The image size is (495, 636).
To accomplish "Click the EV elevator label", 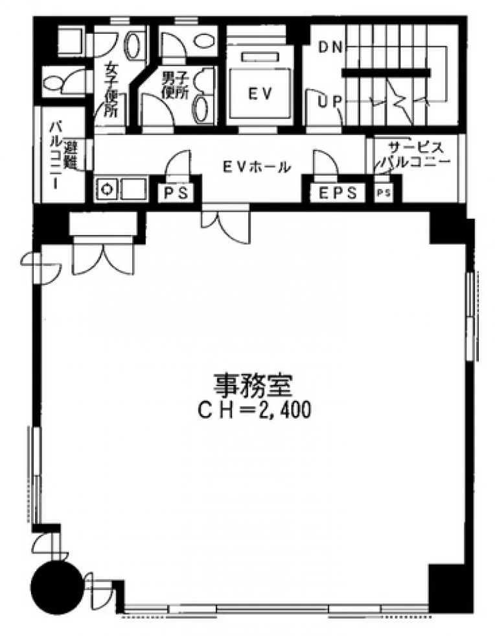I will pyautogui.click(x=259, y=93).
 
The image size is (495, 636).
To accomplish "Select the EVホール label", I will pyautogui.click(x=257, y=167).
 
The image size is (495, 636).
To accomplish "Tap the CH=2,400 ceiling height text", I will pyautogui.click(x=254, y=410).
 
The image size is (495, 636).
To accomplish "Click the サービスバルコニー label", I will pyautogui.click(x=414, y=154).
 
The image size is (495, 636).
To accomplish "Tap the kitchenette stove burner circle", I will pyautogui.click(x=106, y=190).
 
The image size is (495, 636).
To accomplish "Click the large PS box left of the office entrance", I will pyautogui.click(x=176, y=192).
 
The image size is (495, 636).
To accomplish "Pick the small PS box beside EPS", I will pyautogui.click(x=384, y=193).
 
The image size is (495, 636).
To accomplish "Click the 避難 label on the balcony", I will pyautogui.click(x=71, y=155).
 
